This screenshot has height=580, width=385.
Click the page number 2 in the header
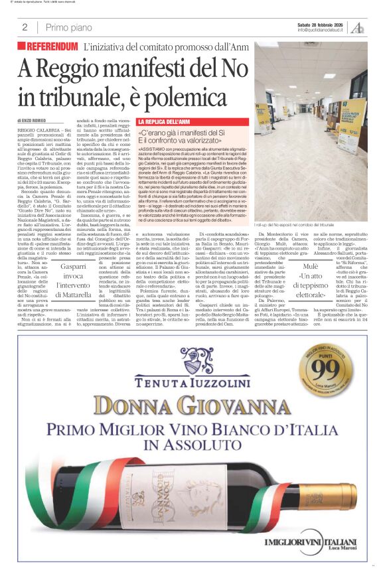(24, 27)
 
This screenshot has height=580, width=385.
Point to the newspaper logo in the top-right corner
(358, 27)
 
